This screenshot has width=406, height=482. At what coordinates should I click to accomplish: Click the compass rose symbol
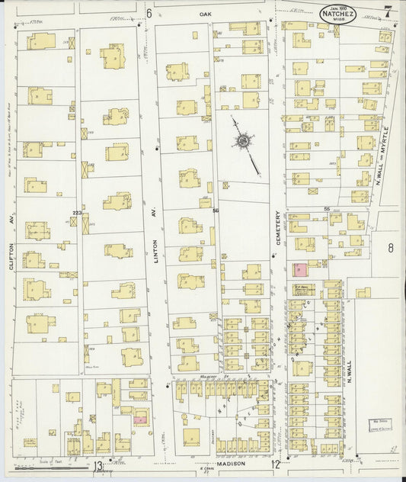[243, 141]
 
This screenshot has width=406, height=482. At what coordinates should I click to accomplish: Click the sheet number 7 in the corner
[388, 11]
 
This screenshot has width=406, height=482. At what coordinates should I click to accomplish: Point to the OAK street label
[203, 14]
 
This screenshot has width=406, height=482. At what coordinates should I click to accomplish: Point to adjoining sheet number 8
[390, 247]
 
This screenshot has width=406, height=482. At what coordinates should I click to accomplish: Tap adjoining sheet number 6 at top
[149, 13]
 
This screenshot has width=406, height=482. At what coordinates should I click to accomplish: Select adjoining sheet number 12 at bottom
[275, 464]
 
